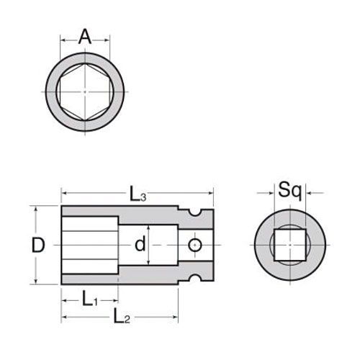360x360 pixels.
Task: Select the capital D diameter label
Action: pyautogui.click(x=39, y=245)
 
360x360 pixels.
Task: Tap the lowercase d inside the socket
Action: pyautogui.click(x=142, y=245)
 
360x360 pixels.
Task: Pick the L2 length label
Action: pyautogui.click(x=122, y=315)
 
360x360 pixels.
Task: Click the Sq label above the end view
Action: pyautogui.click(x=289, y=191)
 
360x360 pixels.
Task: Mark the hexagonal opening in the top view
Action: pyautogui.click(x=86, y=94)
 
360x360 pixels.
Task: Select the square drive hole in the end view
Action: pyautogui.click(x=289, y=246)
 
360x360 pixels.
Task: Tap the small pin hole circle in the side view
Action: pyautogui.click(x=193, y=246)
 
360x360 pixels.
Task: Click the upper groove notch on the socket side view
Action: pyautogui.click(x=192, y=211)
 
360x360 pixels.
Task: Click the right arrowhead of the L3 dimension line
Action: pyautogui.click(x=211, y=193)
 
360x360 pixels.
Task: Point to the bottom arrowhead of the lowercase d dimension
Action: pyautogui.click(x=149, y=264)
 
